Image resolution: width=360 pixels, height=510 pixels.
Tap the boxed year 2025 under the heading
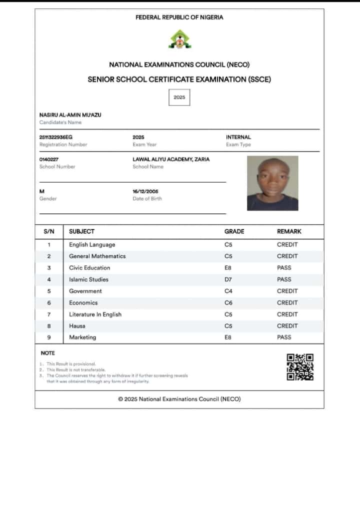(179, 97)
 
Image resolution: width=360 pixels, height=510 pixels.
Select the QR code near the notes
(300, 367)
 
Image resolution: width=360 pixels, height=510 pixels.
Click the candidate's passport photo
(272, 183)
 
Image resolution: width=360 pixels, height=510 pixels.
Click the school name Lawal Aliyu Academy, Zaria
(171, 159)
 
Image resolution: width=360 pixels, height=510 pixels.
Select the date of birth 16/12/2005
(145, 191)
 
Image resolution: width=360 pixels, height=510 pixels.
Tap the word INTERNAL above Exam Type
(238, 137)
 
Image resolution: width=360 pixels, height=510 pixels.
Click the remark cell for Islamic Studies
(284, 279)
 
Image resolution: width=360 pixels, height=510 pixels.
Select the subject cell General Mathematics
(97, 256)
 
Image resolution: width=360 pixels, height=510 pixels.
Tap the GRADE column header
(234, 231)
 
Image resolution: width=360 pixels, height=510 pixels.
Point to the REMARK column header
(289, 231)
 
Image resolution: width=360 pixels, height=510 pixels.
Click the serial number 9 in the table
(49, 337)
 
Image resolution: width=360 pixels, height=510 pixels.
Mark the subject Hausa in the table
(77, 326)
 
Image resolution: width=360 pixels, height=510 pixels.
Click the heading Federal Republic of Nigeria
(179, 17)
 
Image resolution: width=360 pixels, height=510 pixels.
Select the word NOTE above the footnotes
(48, 353)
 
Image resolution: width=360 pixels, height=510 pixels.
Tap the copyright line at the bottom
(179, 399)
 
